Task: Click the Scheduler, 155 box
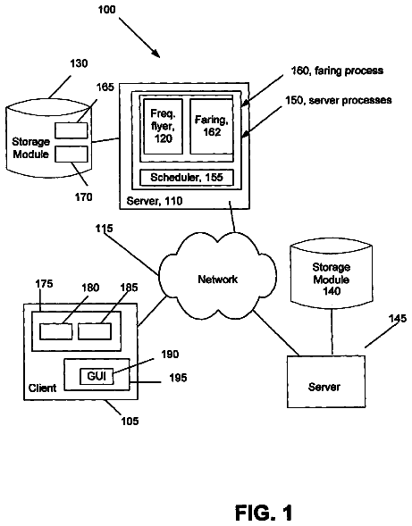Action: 187,178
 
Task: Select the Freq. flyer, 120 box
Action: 164,126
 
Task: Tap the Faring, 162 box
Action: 212,126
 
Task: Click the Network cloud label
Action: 217,280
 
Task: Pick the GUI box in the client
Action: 97,376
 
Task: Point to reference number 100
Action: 106,10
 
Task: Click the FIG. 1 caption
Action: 264,513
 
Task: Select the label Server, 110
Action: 155,201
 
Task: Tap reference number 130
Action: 79,63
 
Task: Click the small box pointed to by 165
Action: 71,130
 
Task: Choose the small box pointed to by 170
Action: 71,154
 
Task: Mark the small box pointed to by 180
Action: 55,331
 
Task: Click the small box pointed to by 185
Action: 95,331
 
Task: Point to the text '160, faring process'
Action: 337,71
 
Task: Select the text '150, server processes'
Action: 339,100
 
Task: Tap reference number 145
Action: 398,318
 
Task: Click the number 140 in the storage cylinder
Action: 332,291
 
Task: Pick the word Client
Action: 42,388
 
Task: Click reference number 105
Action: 130,421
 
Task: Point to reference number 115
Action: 104,229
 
